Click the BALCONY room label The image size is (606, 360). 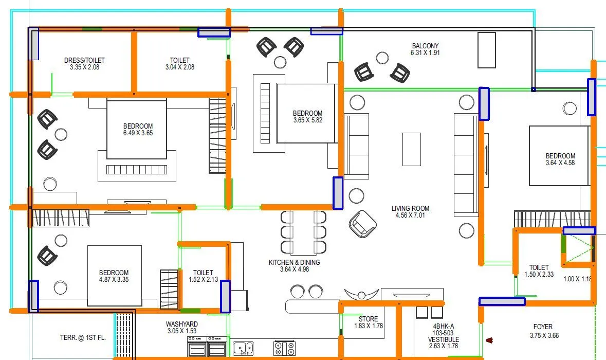pos(425,46)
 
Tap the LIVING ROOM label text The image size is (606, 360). pos(410,208)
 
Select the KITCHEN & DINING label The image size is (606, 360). pos(294,262)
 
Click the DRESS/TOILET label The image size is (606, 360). pos(84,60)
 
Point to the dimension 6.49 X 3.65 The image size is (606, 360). pos(138,133)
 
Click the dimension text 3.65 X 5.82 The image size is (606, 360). pos(307,120)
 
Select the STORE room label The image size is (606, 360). pos(368,319)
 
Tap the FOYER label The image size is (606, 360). pos(543,327)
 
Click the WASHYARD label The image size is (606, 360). pos(181,324)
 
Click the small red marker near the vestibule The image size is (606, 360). pos(490,339)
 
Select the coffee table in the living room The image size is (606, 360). pos(412,149)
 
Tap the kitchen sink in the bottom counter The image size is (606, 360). pos(243,348)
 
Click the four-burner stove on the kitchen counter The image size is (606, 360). pos(284,348)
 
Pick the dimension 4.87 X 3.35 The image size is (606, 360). pos(114,280)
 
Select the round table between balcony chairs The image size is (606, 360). pos(381,58)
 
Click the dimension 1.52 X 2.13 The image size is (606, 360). pos(203,280)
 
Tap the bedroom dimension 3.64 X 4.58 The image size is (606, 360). pos(560,163)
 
